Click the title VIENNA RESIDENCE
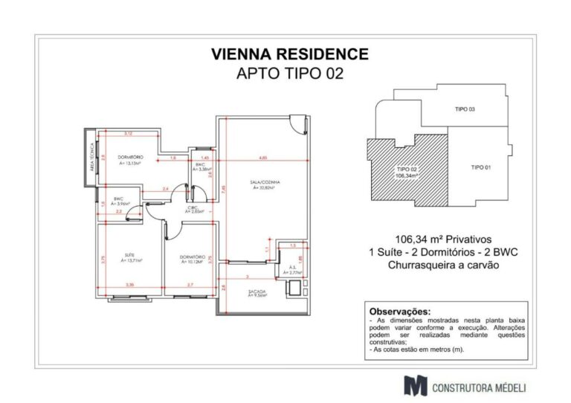[289, 54]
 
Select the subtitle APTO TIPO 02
[289, 74]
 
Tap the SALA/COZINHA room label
[264, 184]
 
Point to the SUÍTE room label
[126, 258]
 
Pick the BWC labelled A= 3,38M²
[201, 167]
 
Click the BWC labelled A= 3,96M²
[119, 200]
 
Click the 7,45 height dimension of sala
[225, 189]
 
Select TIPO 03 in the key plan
[465, 109]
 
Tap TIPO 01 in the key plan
[482, 168]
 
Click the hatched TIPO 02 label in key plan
[405, 173]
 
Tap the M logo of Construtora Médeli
[413, 385]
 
